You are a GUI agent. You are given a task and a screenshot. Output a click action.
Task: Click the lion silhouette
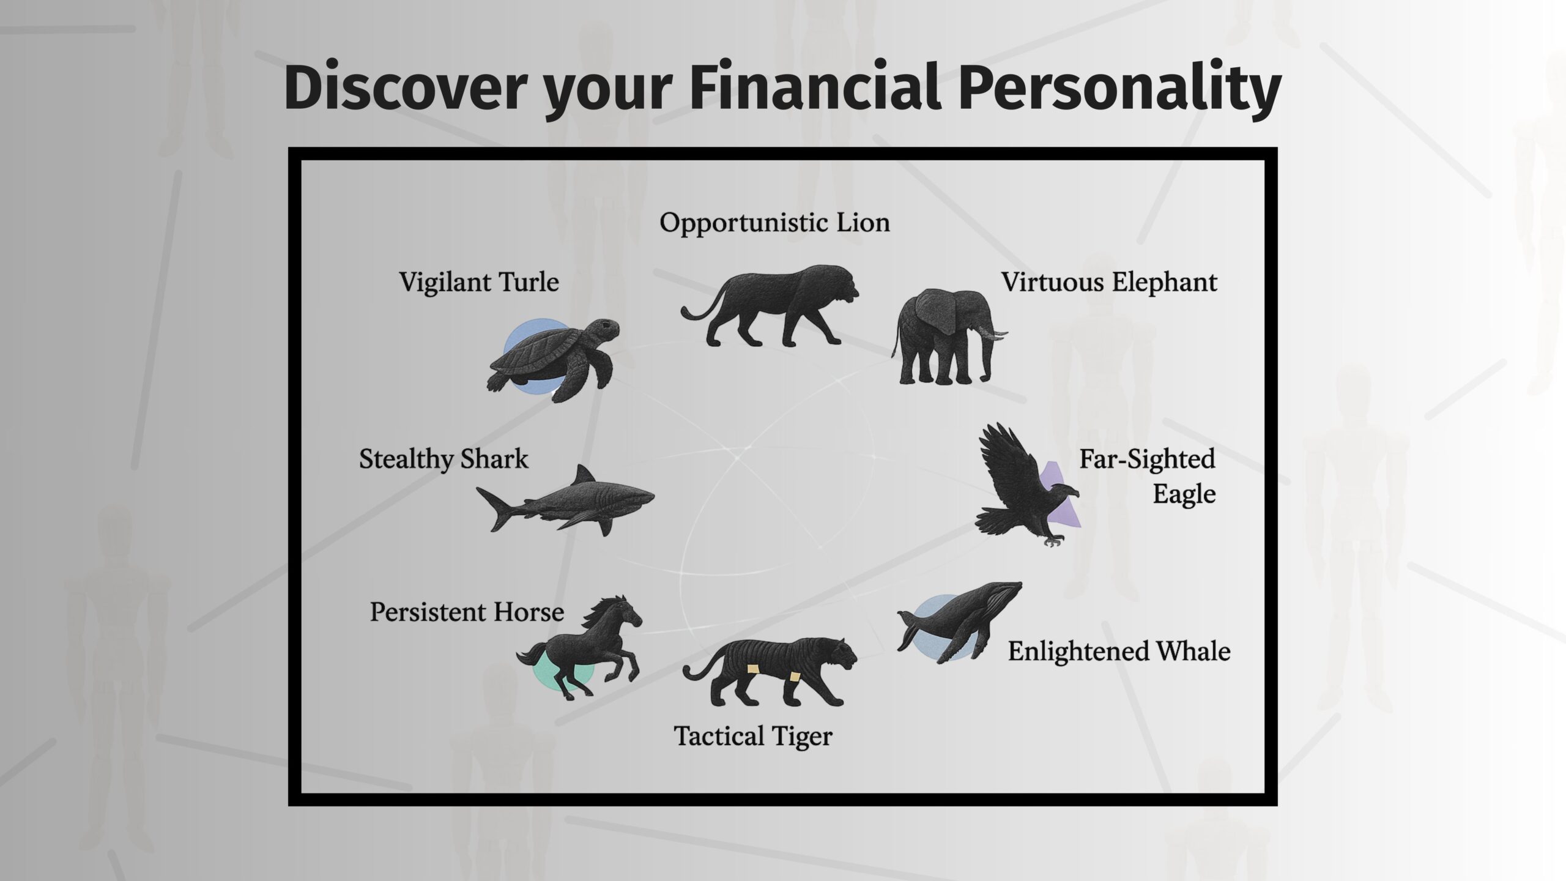(771, 306)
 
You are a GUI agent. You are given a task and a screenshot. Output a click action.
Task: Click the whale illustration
(960, 621)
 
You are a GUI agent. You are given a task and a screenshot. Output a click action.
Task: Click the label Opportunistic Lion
(774, 223)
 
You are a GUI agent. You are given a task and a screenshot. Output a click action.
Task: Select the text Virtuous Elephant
(1108, 283)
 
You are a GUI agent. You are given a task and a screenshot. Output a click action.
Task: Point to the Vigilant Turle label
(479, 283)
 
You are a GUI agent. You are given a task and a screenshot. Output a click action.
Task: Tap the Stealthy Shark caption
(443, 459)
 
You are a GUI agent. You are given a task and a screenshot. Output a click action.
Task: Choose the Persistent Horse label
(467, 612)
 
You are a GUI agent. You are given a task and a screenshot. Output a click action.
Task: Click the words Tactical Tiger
(753, 736)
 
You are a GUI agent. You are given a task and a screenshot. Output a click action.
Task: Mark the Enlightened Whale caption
(1119, 652)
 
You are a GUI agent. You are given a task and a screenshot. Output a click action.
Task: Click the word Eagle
(1184, 494)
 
